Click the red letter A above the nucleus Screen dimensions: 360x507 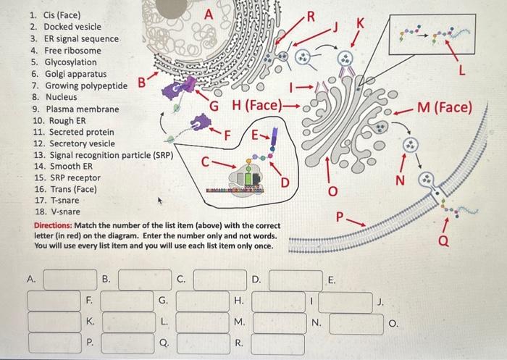[x=209, y=14]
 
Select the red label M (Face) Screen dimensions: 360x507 [x=444, y=109]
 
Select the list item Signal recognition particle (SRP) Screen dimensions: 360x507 [x=101, y=155]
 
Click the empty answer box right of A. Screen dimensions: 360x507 [x=70, y=279]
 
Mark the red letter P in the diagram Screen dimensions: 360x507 [x=341, y=217]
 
